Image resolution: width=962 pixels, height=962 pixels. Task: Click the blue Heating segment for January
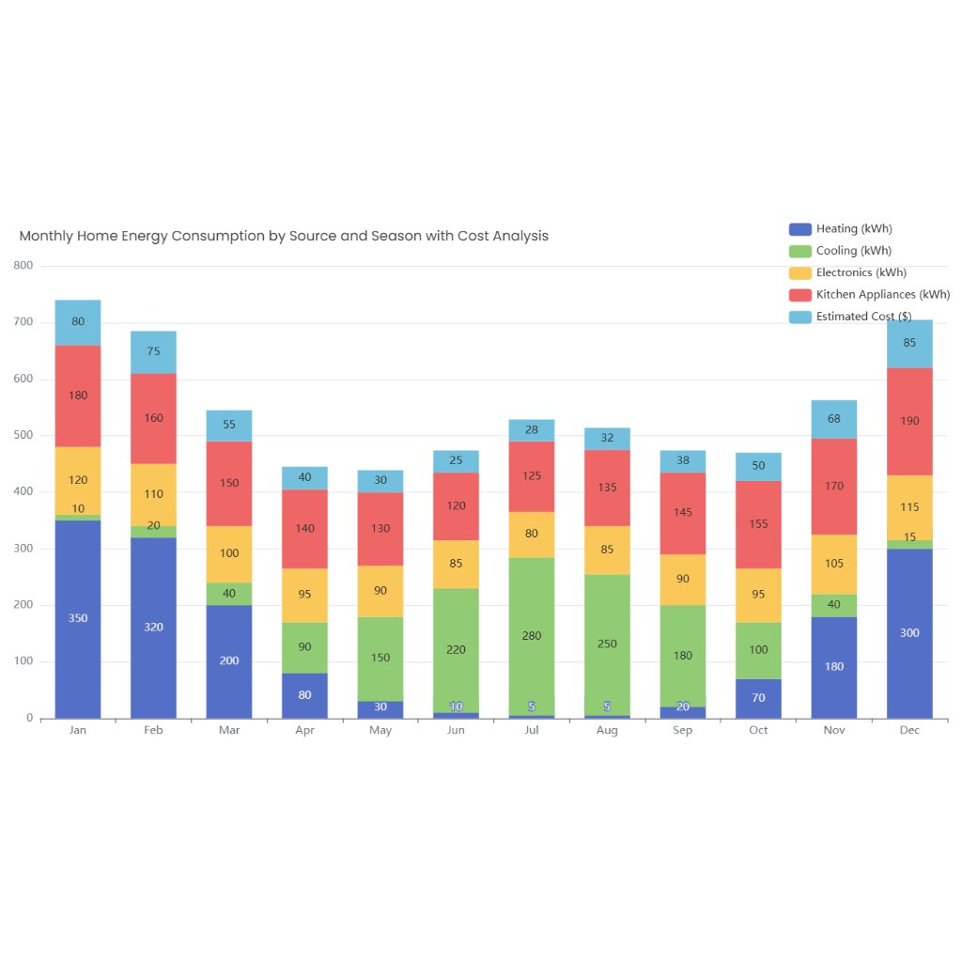(78, 618)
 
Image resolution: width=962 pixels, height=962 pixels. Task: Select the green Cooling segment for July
(532, 636)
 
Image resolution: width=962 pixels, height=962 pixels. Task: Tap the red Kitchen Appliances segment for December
(909, 421)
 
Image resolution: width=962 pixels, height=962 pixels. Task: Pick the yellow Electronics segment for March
(229, 553)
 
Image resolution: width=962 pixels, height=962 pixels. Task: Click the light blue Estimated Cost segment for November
(834, 419)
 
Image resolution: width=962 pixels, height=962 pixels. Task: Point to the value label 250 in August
(607, 644)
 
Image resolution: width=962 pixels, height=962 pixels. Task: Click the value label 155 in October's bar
(758, 524)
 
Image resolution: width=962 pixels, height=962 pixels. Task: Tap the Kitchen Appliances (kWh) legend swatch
(800, 295)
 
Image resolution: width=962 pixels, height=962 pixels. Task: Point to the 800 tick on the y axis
(23, 266)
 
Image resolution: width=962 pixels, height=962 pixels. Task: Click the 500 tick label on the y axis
(23, 436)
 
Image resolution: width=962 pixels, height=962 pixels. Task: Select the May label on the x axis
(380, 731)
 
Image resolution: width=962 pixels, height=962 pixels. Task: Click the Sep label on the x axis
(683, 731)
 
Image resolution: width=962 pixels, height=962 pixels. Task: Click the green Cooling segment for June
(456, 649)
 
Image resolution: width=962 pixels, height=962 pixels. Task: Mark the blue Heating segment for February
(153, 627)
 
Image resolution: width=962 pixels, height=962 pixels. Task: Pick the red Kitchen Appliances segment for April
(305, 529)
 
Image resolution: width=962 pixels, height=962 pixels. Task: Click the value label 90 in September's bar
(683, 579)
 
